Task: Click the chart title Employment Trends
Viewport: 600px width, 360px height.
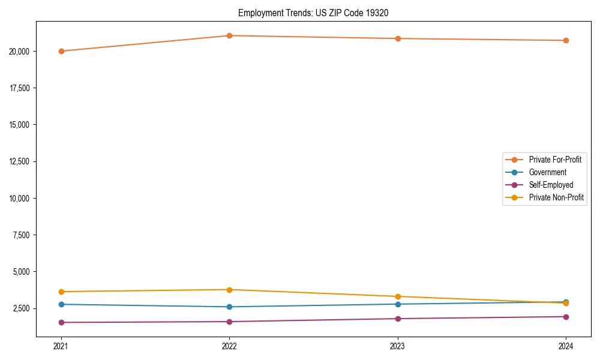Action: (x=313, y=13)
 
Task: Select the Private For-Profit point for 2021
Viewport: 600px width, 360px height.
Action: (x=61, y=51)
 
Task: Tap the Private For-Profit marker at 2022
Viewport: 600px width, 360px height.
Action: (x=229, y=35)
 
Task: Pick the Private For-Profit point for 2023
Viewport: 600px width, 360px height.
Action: (x=398, y=38)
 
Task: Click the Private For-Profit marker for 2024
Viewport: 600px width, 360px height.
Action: (x=566, y=40)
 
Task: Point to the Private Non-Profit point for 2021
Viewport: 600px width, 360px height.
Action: (x=61, y=292)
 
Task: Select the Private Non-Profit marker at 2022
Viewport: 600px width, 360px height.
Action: (x=229, y=290)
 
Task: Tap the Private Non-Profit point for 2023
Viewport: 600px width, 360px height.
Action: (x=398, y=296)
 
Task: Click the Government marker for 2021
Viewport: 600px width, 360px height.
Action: (x=61, y=304)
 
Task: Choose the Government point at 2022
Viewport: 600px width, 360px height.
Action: (x=229, y=307)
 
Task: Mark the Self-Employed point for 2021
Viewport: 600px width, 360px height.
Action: (x=61, y=322)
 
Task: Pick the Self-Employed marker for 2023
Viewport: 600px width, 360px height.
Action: (x=398, y=319)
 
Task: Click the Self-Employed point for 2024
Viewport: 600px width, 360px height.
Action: (x=566, y=317)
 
